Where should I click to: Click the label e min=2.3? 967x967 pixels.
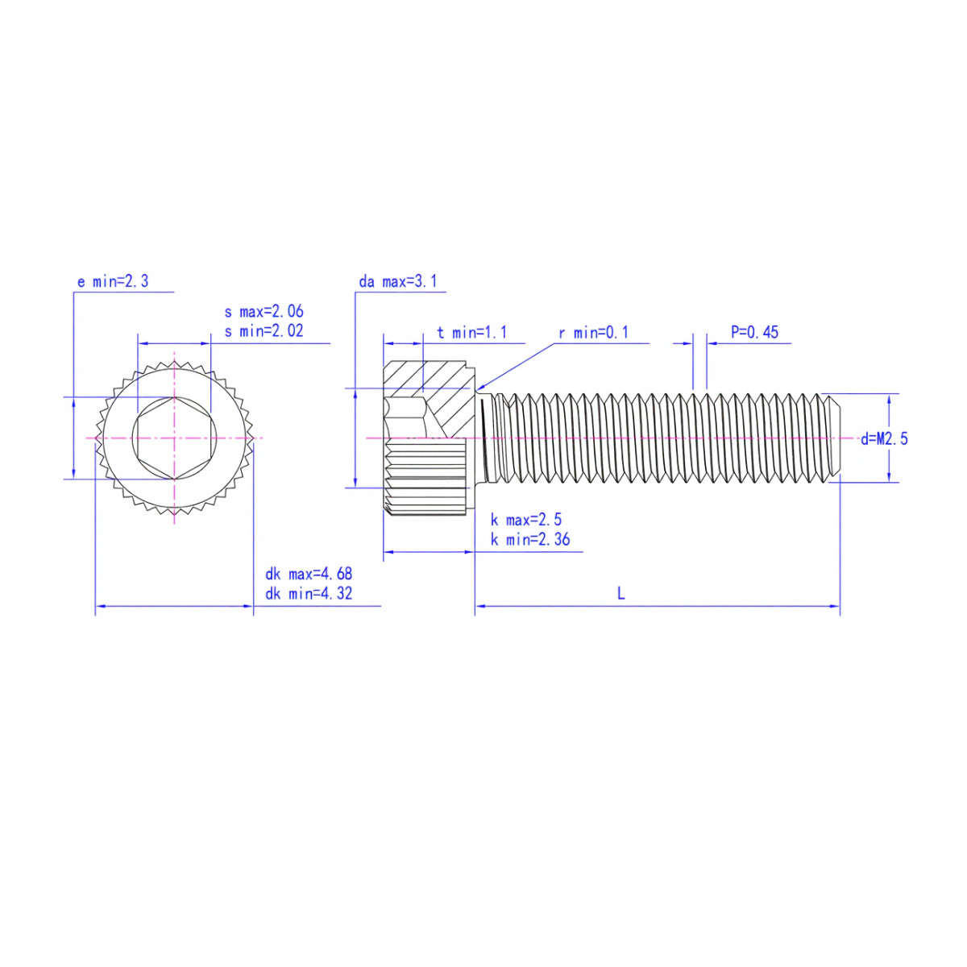tap(113, 281)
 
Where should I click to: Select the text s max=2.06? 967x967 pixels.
tap(264, 312)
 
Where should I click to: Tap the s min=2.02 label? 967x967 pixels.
tap(264, 331)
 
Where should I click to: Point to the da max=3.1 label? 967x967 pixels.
tap(398, 281)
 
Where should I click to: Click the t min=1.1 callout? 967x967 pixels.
tap(471, 332)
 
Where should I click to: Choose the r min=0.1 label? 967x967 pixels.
tap(594, 332)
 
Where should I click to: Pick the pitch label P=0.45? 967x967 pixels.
tap(754, 332)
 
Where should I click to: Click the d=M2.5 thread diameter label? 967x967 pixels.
tap(884, 439)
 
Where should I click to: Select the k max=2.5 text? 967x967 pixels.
tap(526, 520)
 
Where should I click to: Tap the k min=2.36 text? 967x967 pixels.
tap(530, 539)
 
